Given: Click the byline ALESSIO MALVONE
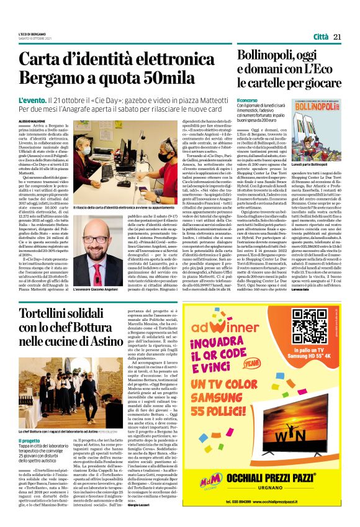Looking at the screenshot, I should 32,105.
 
